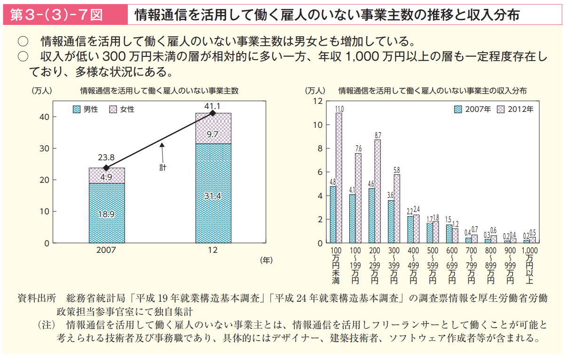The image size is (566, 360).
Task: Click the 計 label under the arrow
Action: [163, 167]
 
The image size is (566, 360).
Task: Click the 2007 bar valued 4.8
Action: [333, 214]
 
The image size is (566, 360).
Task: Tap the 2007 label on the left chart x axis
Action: [107, 250]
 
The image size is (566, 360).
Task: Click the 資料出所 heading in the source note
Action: [37, 298]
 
